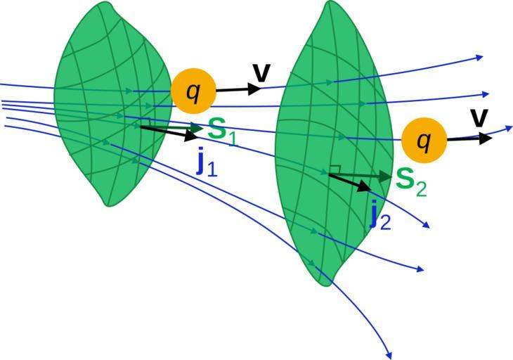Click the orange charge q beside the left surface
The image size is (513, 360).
(193, 91)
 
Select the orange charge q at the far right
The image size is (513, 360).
(424, 140)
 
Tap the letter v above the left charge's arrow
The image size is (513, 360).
(261, 72)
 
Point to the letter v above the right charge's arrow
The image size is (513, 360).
(479, 117)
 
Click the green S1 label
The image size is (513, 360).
(222, 131)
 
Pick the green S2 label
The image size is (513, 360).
(411, 180)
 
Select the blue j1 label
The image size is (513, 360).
(206, 163)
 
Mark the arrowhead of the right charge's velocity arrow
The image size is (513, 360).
(486, 139)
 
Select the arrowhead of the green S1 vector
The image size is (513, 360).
(200, 127)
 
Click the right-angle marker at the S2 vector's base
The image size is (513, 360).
(335, 169)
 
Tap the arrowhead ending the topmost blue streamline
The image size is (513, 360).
(480, 57)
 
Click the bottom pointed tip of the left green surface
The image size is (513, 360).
(108, 205)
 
